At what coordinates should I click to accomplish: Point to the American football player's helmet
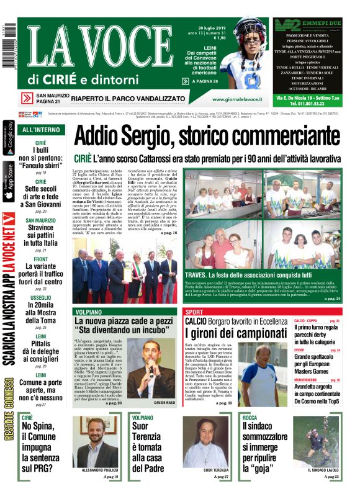tap(251, 30)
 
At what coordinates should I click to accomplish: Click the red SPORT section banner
tap(194, 311)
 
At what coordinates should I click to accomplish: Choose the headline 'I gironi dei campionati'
tap(233, 335)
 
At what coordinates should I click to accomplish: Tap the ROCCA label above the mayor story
tap(250, 418)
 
